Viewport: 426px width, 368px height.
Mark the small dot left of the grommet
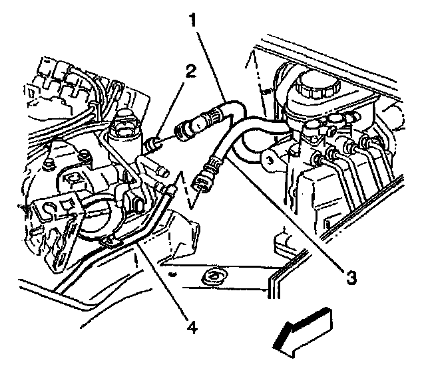172,272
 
